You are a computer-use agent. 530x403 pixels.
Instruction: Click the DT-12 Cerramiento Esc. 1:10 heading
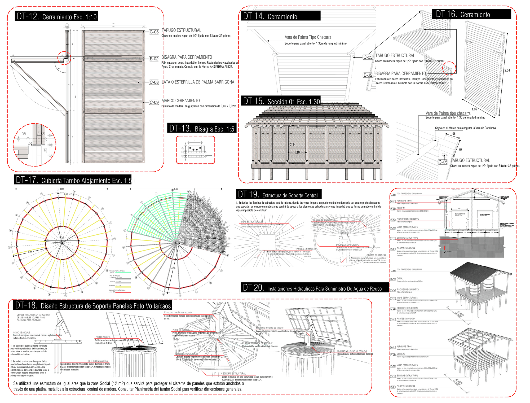coord(56,16)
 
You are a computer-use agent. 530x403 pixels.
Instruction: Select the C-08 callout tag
coord(154,82)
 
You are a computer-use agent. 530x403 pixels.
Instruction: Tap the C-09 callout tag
coord(154,102)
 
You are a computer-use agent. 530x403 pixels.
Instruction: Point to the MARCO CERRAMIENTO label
coord(181,101)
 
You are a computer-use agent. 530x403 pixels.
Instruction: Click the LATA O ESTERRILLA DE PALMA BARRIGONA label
coord(198,82)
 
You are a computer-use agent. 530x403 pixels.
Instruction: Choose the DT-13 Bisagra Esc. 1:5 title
coord(202,129)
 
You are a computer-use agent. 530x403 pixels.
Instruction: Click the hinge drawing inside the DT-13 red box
coord(195,150)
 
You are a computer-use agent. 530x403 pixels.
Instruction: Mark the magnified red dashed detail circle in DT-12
coord(34,145)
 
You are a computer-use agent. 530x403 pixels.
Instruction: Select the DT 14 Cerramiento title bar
coord(281,16)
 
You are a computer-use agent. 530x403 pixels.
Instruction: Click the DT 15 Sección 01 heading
coord(281,101)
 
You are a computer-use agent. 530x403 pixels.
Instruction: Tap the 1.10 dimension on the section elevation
coord(297,152)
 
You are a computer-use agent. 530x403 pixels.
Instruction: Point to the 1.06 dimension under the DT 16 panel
coord(474,109)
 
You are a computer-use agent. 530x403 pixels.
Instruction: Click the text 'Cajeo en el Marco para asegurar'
coord(466,128)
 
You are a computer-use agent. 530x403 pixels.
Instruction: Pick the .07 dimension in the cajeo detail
coord(460,150)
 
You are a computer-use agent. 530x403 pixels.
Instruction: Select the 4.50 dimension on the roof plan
coord(173,268)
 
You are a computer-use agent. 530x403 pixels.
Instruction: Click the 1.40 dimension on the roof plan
coord(66,194)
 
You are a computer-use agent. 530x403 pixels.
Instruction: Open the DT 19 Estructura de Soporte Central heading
coord(278,195)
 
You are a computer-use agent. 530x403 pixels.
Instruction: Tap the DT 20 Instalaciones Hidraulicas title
coord(315,288)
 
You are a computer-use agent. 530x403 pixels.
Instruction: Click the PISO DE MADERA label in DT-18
coord(103,337)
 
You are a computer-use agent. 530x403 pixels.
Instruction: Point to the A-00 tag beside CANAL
coord(393,279)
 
